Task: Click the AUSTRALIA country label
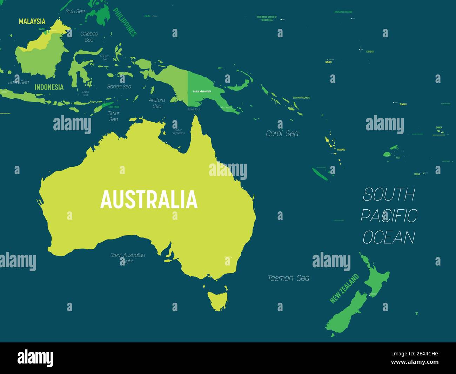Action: pyautogui.click(x=149, y=199)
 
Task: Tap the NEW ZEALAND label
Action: pyautogui.click(x=344, y=288)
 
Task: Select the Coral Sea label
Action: pyautogui.click(x=282, y=133)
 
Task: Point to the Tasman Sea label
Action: pyautogui.click(x=288, y=278)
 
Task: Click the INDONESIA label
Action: pyautogui.click(x=49, y=87)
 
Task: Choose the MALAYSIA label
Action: pyautogui.click(x=32, y=21)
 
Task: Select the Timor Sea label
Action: pyautogui.click(x=114, y=116)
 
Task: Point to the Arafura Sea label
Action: pyautogui.click(x=157, y=103)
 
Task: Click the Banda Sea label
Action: pyautogui.click(x=119, y=86)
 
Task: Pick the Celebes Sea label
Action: pyautogui.click(x=89, y=37)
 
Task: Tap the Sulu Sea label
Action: pyautogui.click(x=75, y=11)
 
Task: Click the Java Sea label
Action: pyautogui.click(x=19, y=82)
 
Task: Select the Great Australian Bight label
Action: pyautogui.click(x=128, y=258)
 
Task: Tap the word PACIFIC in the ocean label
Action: pyautogui.click(x=389, y=216)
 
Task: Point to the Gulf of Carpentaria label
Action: pyautogui.click(x=178, y=132)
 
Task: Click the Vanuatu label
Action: pyautogui.click(x=341, y=150)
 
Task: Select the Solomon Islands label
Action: pyautogui.click(x=301, y=98)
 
